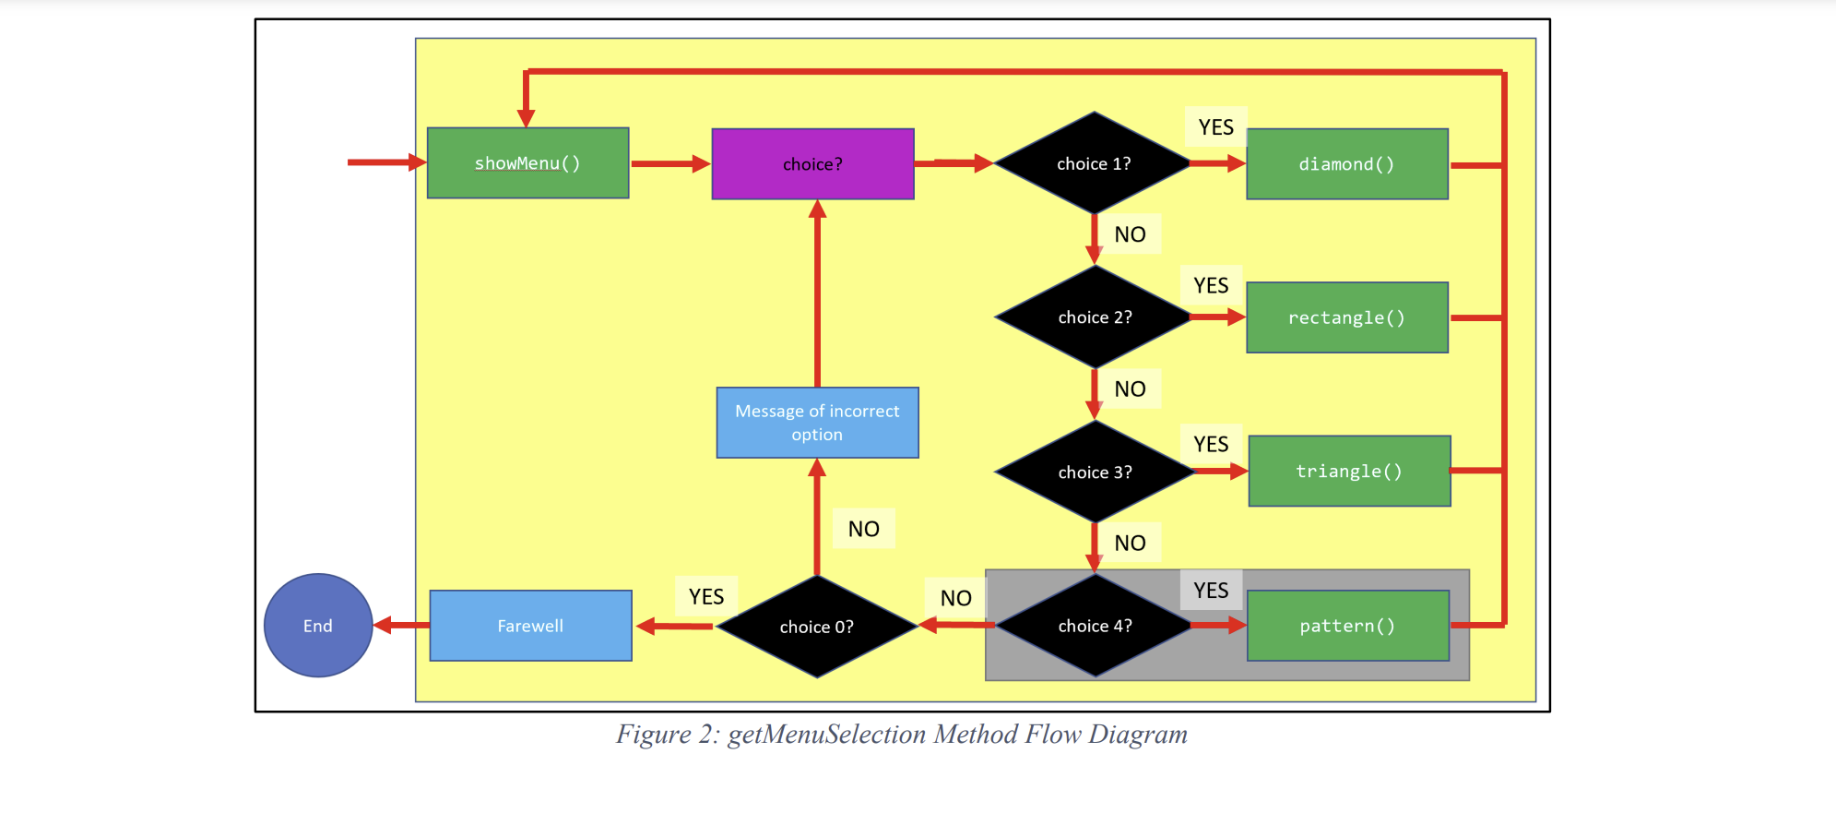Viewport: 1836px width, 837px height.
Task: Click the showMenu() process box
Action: [x=527, y=163]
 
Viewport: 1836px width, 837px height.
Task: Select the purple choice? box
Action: [x=812, y=164]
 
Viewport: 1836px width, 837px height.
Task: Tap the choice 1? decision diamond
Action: [x=1094, y=163]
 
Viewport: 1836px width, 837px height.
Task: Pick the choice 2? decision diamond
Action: [x=1095, y=317]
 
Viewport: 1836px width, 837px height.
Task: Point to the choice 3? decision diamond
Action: [x=1095, y=472]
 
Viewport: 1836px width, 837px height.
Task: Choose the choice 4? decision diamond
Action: [x=1095, y=626]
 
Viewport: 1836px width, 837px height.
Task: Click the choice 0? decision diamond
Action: [x=816, y=627]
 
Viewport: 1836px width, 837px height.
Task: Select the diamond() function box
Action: [x=1346, y=164]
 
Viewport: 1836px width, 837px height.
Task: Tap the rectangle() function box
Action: [x=1346, y=317]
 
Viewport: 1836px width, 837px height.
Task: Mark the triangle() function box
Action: [x=1349, y=472]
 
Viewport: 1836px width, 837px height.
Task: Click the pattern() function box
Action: [x=1347, y=626]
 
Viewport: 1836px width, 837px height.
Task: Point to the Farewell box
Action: [x=530, y=626]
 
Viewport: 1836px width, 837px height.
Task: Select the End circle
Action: [x=318, y=626]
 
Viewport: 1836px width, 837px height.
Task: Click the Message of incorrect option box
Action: [x=817, y=423]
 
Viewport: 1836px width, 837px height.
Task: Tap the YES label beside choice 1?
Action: [x=1215, y=127]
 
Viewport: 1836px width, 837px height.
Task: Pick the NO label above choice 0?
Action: [x=863, y=529]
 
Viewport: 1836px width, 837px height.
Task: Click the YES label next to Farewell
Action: [x=706, y=597]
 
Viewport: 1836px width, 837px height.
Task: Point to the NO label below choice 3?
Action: [x=1130, y=544]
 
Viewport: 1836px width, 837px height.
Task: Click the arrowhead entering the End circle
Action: [x=383, y=626]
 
